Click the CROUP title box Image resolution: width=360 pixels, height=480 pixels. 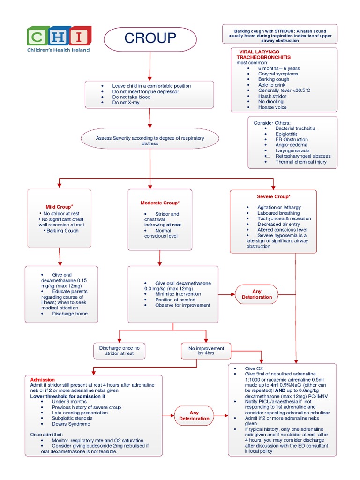[150, 38]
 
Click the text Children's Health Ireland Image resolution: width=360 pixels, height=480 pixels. [59, 50]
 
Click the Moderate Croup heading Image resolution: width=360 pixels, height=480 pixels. [160, 202]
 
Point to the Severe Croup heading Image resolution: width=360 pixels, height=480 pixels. [273, 197]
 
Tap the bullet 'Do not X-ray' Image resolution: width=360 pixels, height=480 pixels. [126, 103]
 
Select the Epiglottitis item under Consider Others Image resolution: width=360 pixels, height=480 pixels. [286, 134]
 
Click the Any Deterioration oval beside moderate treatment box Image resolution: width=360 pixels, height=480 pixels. [256, 294]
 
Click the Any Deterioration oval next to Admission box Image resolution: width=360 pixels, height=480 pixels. [194, 415]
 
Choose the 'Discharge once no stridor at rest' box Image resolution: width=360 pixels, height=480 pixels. [119, 351]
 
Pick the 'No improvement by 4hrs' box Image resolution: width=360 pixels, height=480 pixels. [206, 351]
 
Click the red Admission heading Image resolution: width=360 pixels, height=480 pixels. [43, 380]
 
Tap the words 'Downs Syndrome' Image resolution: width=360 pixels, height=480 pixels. [71, 424]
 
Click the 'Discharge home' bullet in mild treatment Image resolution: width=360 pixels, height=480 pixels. [70, 314]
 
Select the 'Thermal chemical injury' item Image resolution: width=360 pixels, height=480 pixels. [301, 162]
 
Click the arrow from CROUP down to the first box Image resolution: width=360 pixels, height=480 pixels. [150, 66]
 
